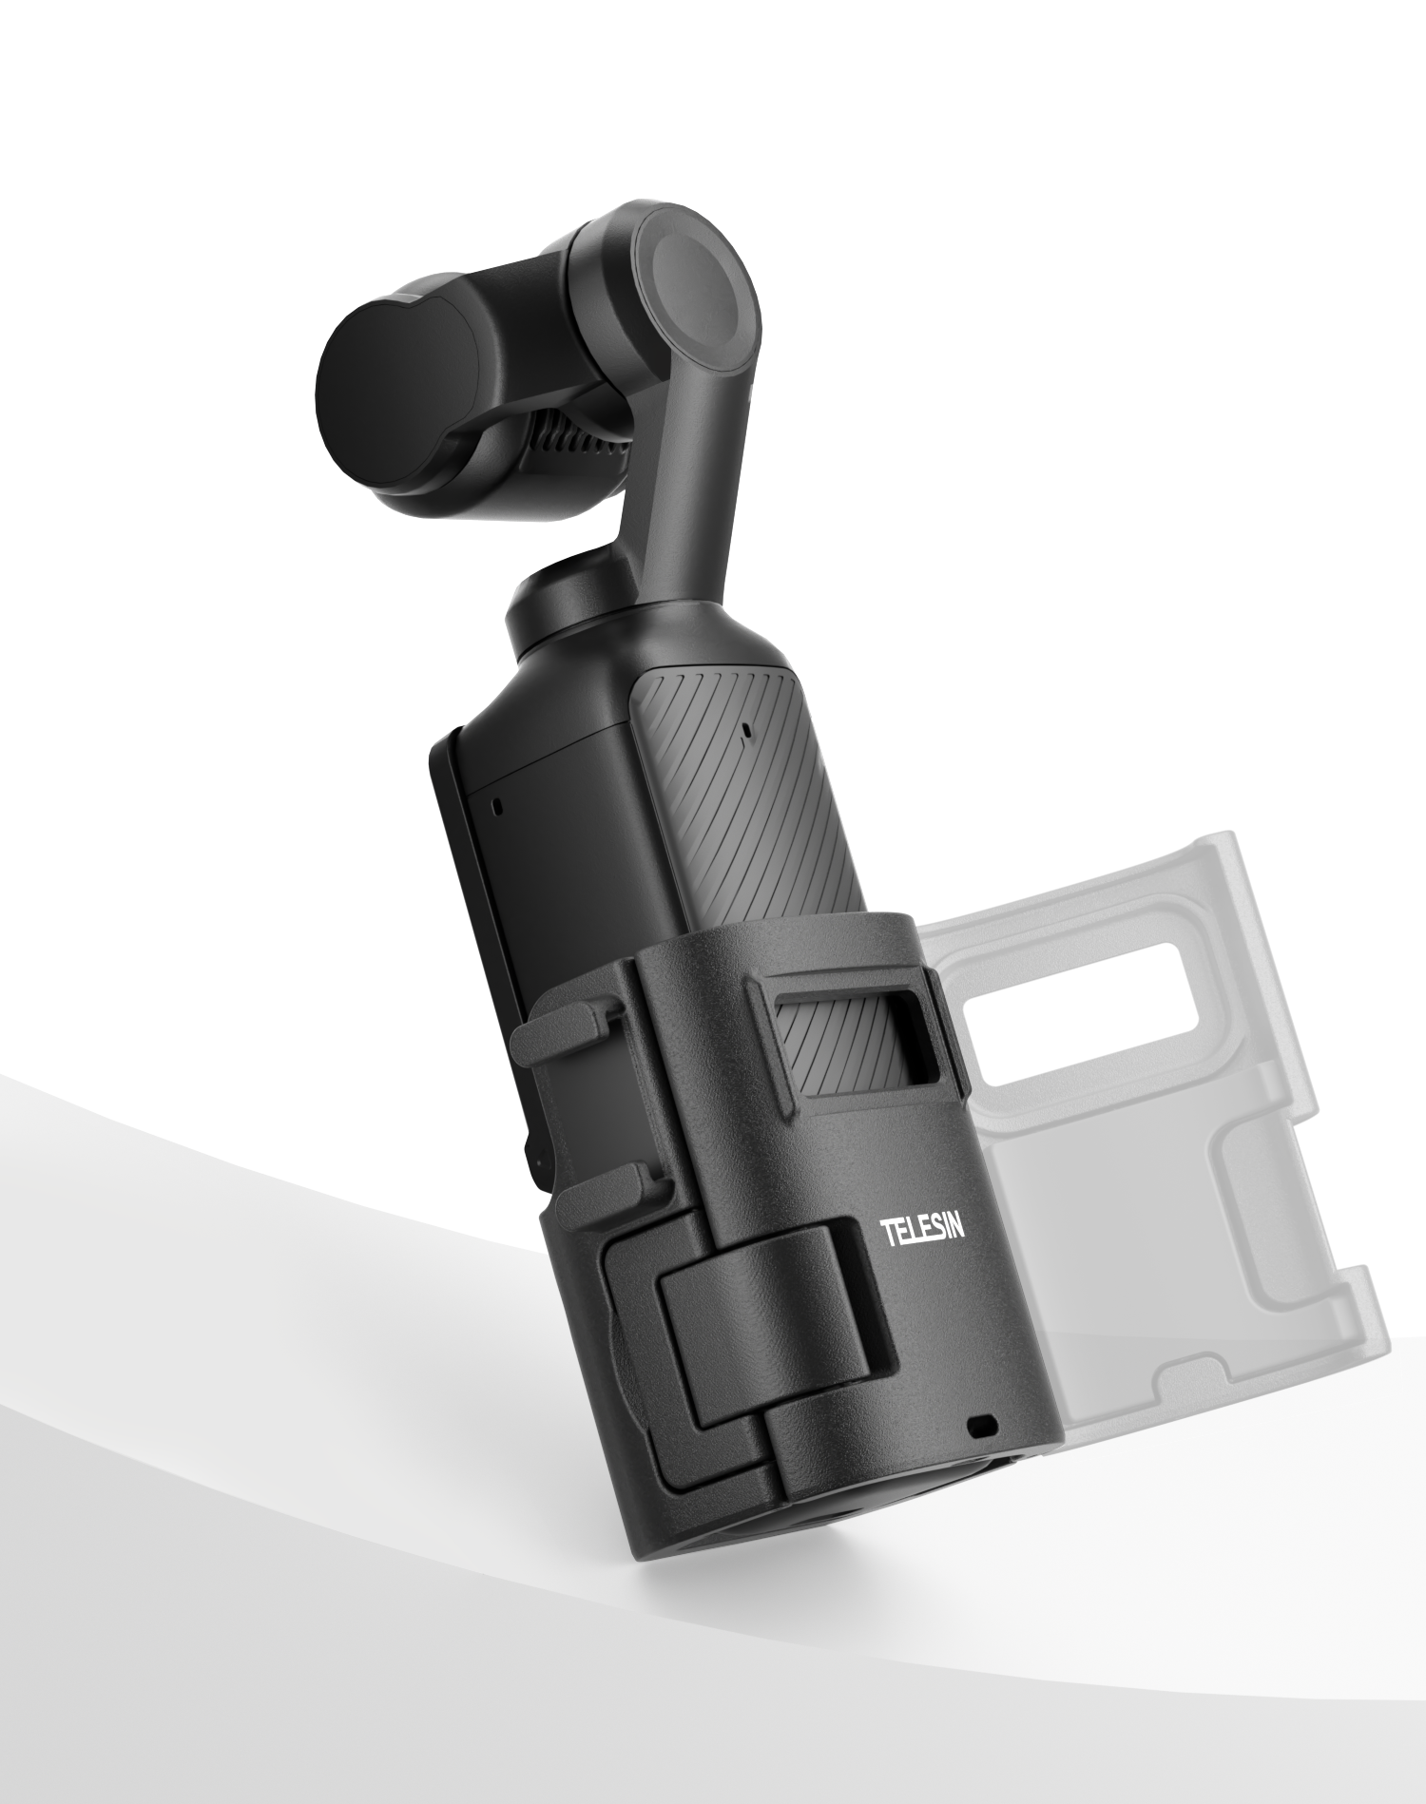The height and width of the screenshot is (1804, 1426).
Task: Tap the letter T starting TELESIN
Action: (886, 1235)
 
